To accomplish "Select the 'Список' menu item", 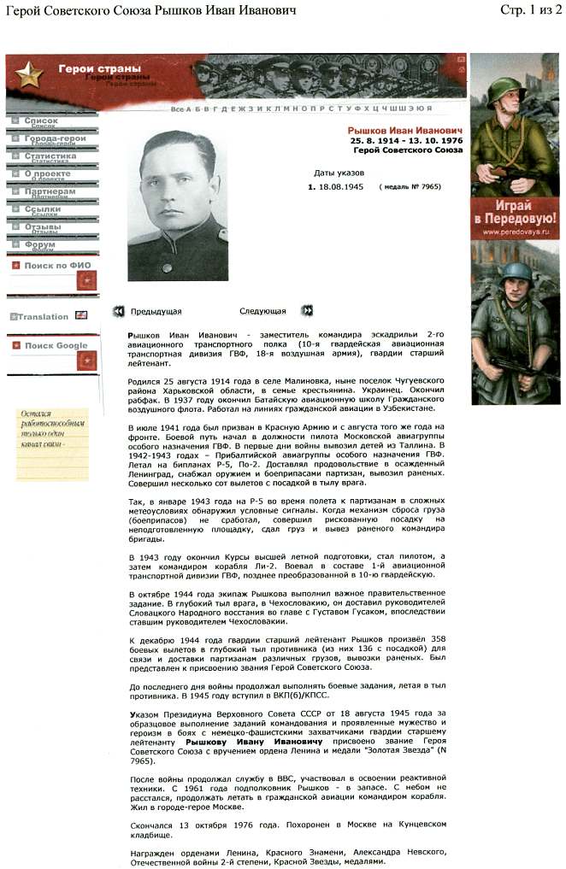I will (x=41, y=120).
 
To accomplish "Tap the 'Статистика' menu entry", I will (x=50, y=156).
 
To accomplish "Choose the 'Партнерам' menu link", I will (x=50, y=191).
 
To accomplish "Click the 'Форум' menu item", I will (x=40, y=244).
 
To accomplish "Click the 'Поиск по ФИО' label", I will (x=57, y=266).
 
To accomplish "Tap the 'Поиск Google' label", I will (x=56, y=346).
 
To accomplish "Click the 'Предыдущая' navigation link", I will (x=155, y=312).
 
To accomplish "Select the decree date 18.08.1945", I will (x=341, y=186).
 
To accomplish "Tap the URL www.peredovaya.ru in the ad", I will (x=514, y=232).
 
